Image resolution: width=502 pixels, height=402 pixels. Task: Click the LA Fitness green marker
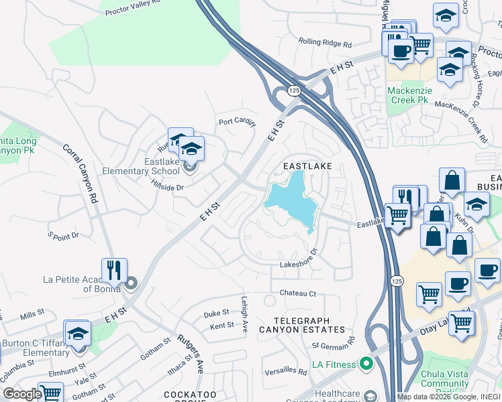366,364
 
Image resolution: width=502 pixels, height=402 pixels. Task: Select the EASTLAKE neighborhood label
307,165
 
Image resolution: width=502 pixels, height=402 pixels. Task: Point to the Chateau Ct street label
297,293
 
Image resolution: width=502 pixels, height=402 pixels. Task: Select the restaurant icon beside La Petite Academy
114,271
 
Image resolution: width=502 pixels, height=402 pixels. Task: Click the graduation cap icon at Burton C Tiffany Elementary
78,334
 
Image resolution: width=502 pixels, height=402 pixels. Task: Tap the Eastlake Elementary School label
141,166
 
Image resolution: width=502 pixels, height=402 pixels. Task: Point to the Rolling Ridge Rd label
325,44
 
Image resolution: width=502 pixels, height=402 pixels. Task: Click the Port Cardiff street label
238,121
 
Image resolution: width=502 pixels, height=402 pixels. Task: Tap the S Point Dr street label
63,235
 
